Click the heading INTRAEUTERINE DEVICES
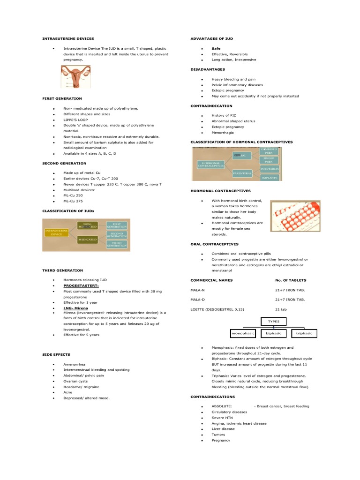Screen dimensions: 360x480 point(68,38)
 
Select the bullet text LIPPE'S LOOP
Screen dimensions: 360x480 point(75,120)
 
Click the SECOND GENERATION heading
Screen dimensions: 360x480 point(64,163)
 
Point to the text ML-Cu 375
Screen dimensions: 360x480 point(73,201)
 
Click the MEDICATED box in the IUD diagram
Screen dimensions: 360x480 point(88,240)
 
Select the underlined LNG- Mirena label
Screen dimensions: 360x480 point(75,308)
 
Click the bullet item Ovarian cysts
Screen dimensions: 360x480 point(75,381)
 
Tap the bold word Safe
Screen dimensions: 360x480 point(216,48)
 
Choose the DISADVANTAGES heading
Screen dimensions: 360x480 point(207,69)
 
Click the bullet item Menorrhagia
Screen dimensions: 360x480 point(223,132)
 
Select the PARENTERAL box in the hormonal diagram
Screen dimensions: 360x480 point(242,173)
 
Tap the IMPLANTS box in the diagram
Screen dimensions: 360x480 point(270,178)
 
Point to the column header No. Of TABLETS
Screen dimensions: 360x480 point(290,280)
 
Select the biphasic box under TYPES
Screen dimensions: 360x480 point(273,333)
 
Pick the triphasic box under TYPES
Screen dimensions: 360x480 point(304,333)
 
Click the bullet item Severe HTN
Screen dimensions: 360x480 point(222,417)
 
